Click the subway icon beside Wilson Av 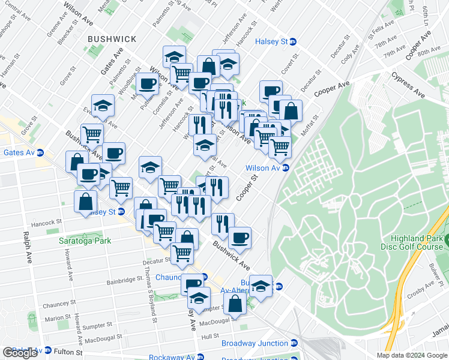[286, 168]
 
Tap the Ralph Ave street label [27, 248]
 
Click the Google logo [20, 353]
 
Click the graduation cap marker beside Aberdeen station [261, 286]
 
